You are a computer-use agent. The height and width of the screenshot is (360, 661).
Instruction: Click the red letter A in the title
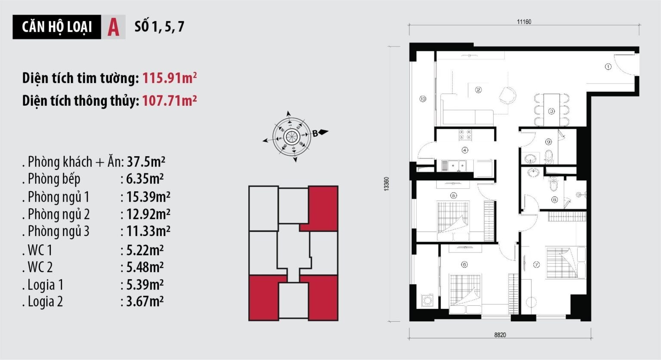click(x=113, y=27)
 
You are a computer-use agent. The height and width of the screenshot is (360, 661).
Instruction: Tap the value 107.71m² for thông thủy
click(x=170, y=100)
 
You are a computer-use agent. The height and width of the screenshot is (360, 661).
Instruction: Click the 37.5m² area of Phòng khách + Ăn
click(x=146, y=162)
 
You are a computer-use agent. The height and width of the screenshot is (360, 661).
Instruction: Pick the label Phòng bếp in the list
click(x=54, y=179)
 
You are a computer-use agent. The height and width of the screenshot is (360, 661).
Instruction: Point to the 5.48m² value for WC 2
click(x=145, y=267)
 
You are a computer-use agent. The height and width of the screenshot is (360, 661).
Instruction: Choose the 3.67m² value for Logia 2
click(x=145, y=302)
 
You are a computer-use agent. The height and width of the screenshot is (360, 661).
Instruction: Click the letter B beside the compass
click(x=315, y=133)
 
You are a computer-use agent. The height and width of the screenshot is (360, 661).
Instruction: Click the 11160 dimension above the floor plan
click(x=524, y=22)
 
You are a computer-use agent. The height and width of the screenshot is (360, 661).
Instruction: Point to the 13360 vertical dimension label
click(x=386, y=184)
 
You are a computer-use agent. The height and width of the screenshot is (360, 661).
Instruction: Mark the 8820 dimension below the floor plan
click(x=500, y=335)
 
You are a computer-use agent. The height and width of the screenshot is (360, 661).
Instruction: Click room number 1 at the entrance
click(x=608, y=67)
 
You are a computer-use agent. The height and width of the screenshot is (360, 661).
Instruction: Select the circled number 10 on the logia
click(x=423, y=99)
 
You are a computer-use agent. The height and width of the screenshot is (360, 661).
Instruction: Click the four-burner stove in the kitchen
click(x=465, y=135)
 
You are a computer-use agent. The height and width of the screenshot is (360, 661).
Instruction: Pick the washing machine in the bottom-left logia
click(x=427, y=300)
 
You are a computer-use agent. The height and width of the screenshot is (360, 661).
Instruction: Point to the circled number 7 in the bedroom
click(x=536, y=265)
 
